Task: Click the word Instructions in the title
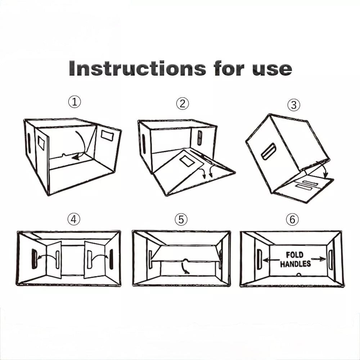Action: (137, 68)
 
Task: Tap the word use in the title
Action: (272, 69)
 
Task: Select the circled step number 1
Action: (75, 102)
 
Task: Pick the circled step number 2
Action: (183, 104)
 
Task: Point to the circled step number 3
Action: (294, 105)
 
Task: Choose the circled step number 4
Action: (74, 219)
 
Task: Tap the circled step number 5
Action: (181, 220)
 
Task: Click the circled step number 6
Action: (292, 219)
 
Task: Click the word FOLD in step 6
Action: (294, 255)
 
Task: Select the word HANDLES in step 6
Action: (296, 264)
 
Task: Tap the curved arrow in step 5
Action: (184, 268)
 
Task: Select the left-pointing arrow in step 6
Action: (271, 260)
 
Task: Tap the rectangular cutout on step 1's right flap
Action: (107, 135)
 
